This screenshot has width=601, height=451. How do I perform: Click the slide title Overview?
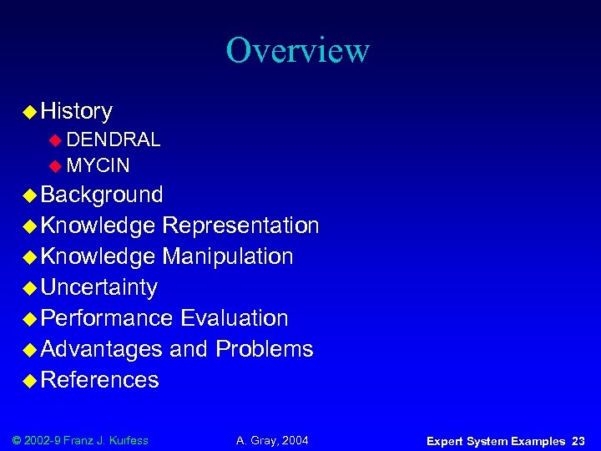tap(297, 50)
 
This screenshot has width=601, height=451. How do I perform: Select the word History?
tap(76, 111)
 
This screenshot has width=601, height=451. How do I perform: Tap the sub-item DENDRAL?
tap(114, 139)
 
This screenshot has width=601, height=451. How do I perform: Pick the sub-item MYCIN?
tap(98, 165)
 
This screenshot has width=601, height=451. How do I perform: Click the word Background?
tap(102, 195)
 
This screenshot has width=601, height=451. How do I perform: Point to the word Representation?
tap(240, 225)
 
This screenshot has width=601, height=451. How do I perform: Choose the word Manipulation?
tap(227, 256)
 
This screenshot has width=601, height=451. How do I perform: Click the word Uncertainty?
tap(98, 287)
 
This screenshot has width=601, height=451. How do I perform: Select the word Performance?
tap(106, 318)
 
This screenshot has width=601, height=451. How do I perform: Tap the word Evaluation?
tap(234, 318)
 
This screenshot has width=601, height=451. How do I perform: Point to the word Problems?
tap(264, 349)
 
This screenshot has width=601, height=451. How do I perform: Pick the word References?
tap(99, 380)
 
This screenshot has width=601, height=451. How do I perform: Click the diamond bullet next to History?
tap(29, 111)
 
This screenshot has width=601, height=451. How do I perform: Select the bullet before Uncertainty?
tap(29, 287)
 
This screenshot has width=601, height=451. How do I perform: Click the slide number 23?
tap(578, 441)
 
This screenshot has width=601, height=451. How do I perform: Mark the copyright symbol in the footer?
tap(18, 440)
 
